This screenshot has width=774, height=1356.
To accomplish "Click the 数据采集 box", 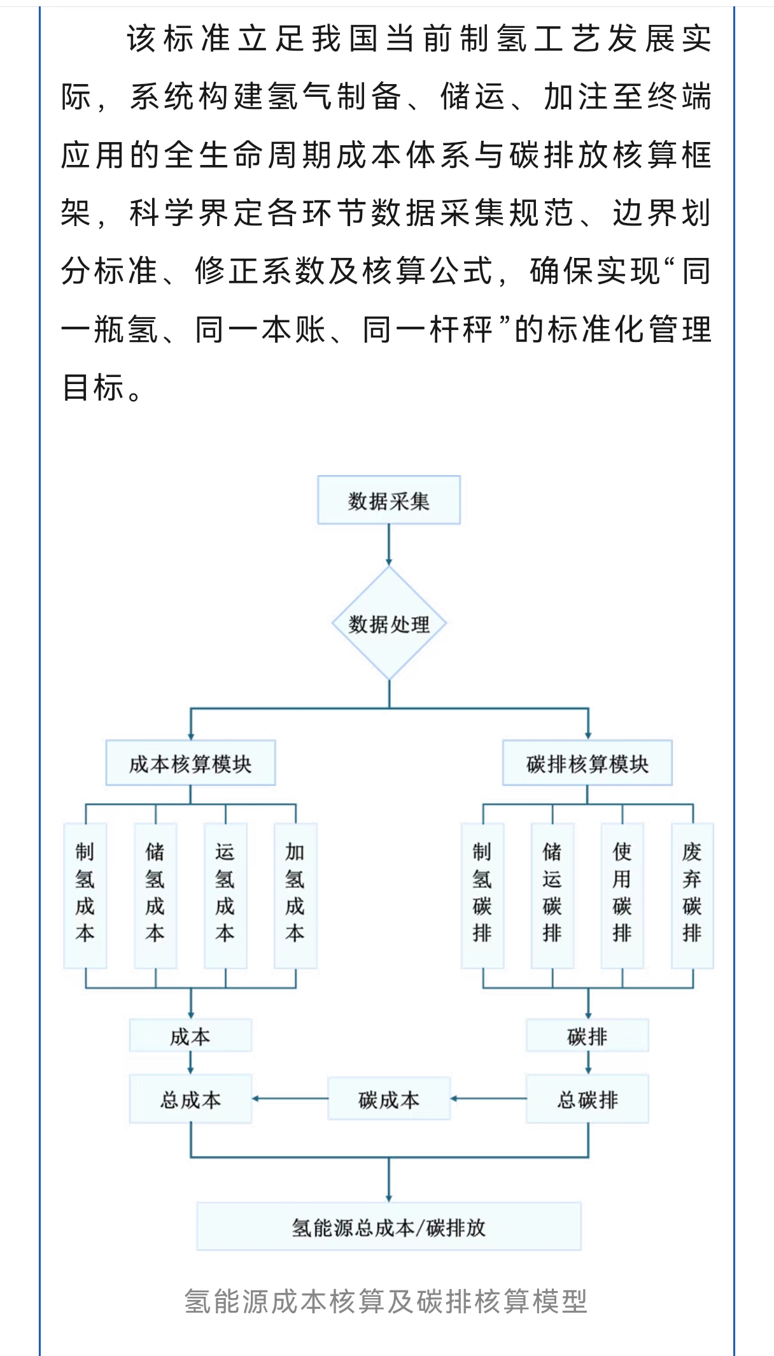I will click(x=388, y=500).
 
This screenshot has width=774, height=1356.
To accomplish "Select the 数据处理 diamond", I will click(x=389, y=624).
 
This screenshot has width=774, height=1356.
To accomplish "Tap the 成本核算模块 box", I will click(x=190, y=763).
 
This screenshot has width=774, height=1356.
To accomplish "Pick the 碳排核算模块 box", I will click(x=587, y=763).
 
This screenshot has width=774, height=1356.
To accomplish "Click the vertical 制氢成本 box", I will click(x=85, y=895).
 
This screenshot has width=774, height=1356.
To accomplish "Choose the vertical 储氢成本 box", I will click(x=155, y=895).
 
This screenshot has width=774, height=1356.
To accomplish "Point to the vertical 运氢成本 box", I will click(x=225, y=895).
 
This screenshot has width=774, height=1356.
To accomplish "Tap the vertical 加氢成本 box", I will click(x=295, y=895).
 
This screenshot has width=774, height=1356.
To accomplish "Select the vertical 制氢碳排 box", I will click(x=482, y=895).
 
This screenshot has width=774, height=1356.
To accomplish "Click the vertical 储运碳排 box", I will click(x=552, y=895).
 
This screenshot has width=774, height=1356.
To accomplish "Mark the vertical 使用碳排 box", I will click(x=623, y=895).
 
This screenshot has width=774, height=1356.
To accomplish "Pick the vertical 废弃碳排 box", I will click(x=693, y=895).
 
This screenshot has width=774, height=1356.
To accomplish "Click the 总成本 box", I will click(x=190, y=1099).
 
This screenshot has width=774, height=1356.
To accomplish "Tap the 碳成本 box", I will click(x=389, y=1099).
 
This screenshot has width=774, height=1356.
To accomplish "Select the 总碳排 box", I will click(x=587, y=1099).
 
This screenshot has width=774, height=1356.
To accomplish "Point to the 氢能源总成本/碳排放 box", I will click(x=389, y=1227).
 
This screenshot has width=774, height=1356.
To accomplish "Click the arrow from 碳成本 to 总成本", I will click(x=290, y=1099).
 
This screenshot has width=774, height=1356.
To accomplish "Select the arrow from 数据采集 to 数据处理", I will click(x=389, y=545).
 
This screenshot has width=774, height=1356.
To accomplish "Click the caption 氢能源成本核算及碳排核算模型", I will click(x=386, y=1301).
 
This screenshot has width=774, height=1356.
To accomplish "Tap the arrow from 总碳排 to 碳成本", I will click(x=488, y=1099).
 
